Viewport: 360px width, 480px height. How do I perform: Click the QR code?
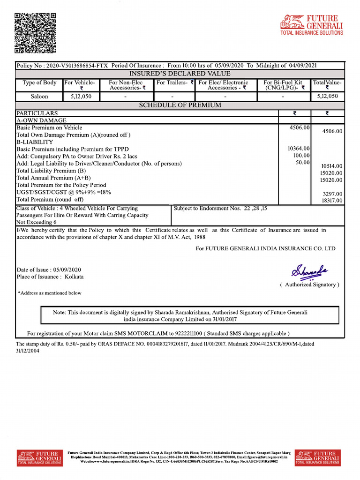35,33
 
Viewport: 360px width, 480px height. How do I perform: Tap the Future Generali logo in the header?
311,25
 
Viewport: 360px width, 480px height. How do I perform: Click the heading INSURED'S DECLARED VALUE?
180,74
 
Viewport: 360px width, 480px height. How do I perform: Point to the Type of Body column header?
40,83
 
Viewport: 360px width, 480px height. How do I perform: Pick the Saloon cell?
40,97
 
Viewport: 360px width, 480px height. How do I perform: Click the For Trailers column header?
175,83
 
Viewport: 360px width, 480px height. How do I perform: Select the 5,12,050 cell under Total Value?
327,97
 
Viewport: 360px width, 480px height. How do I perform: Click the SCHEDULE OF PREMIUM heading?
180,105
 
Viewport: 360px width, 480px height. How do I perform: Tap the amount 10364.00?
299,149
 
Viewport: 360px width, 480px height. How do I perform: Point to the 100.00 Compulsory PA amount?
301,156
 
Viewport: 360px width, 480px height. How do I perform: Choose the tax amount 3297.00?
333,194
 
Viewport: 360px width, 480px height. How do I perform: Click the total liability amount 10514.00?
331,166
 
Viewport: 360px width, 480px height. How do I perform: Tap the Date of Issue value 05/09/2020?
67,270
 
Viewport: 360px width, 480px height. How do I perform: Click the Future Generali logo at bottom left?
40,457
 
